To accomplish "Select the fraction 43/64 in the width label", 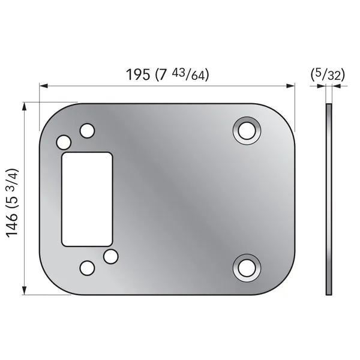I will click(190, 75).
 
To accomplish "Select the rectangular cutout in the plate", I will click(87, 199).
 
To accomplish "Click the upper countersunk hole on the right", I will click(247, 130).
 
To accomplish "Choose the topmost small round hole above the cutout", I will click(87, 130).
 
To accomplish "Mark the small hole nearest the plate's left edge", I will click(64, 142).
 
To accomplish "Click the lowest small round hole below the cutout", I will click(87, 268).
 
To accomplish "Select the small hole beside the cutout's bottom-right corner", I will click(110, 256).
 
